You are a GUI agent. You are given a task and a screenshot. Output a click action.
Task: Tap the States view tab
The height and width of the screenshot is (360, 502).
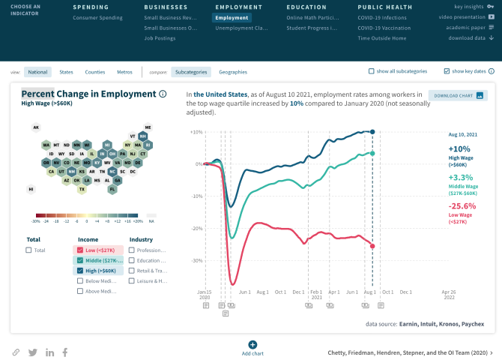tap(67, 72)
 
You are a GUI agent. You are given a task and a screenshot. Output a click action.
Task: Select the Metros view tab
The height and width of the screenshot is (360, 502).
tap(124, 72)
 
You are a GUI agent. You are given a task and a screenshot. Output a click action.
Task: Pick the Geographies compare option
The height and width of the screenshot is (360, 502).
tap(232, 72)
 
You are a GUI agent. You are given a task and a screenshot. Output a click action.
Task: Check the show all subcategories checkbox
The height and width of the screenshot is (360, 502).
tap(372, 71)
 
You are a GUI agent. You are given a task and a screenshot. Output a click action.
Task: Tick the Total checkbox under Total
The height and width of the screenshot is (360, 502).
tap(28, 250)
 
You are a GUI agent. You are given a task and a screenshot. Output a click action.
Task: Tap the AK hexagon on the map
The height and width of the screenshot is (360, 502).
tap(35, 127)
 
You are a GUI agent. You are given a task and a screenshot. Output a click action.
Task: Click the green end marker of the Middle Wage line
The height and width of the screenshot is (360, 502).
tap(373, 153)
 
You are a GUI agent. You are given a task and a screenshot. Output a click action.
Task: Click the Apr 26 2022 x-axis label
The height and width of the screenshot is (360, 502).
tap(448, 295)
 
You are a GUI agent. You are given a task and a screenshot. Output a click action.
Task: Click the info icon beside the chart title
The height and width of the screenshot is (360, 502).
tap(163, 94)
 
